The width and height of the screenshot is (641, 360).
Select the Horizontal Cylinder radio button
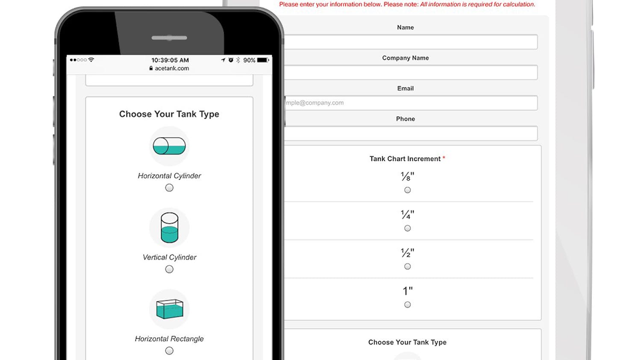point(169,187)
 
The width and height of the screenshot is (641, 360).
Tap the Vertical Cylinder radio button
point(169,269)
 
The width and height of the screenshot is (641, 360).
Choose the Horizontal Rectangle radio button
point(169,351)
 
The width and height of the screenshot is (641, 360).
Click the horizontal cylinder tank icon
point(169,146)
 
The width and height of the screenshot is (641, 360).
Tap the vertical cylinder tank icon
point(169,228)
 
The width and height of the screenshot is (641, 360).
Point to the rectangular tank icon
point(170,309)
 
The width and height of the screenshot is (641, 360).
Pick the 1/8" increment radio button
point(407,190)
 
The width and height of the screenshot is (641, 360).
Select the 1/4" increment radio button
point(407,228)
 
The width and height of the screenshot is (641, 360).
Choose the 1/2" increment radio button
point(407,266)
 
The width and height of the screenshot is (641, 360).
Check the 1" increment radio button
point(407,304)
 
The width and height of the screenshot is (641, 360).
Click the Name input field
point(411,42)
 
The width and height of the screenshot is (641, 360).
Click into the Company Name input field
point(411,72)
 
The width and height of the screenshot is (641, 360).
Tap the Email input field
point(411,102)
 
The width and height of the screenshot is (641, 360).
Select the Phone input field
point(411,133)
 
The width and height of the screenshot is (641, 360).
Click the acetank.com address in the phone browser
point(172,68)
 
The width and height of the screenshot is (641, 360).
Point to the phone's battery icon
point(263,60)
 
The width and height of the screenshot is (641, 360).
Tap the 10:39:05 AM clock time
point(170,60)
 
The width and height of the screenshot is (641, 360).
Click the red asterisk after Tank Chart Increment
point(444,158)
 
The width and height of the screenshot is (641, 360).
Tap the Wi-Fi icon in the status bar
point(91,59)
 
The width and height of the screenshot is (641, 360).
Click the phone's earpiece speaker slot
point(169,38)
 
